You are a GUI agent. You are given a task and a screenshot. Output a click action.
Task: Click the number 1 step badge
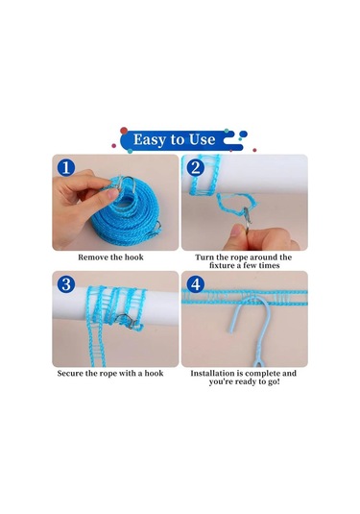pyautogui.click(x=66, y=167)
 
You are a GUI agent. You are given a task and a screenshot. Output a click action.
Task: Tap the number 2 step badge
pyautogui.click(x=196, y=167)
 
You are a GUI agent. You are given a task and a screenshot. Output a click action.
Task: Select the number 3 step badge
pyautogui.click(x=66, y=283)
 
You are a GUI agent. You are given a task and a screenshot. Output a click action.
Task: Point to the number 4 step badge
pyautogui.click(x=196, y=283)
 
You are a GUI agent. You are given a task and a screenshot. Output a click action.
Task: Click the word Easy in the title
pyautogui.click(x=150, y=139)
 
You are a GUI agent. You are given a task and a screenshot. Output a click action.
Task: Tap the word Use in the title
pyautogui.click(x=203, y=139)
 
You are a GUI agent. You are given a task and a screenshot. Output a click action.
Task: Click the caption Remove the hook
pyautogui.click(x=110, y=257)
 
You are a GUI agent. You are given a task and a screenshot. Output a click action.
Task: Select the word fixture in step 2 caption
pyautogui.click(x=223, y=265)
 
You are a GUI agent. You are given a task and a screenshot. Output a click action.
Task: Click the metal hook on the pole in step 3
pyautogui.click(x=127, y=321)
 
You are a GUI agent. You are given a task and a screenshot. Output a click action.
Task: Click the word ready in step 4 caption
pyautogui.click(x=245, y=381)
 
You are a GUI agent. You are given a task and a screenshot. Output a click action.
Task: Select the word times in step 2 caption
pyautogui.click(x=269, y=265)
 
